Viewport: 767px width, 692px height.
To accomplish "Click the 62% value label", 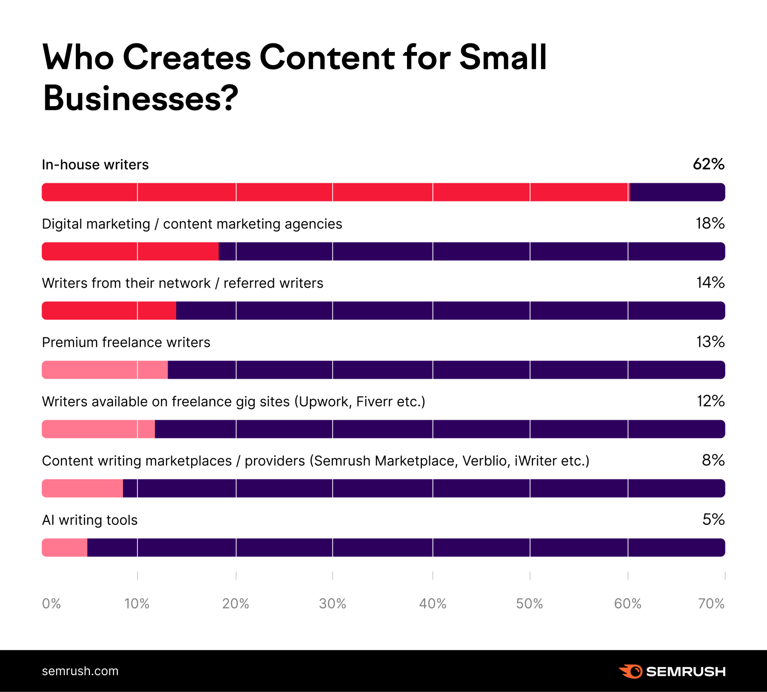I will click(709, 164).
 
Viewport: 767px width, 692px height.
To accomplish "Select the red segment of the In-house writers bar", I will click(335, 192).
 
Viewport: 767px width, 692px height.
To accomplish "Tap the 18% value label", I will click(710, 224).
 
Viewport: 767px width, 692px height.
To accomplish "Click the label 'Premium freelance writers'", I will click(126, 342).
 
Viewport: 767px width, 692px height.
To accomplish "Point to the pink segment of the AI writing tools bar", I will click(65, 548).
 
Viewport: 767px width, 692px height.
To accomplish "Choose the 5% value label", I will click(713, 520).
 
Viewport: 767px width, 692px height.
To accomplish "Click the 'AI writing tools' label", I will click(90, 520).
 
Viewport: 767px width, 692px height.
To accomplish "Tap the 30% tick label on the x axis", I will click(332, 604).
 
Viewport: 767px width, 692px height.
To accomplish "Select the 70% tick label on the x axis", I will click(711, 604).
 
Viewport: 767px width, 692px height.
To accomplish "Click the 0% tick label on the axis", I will click(51, 604).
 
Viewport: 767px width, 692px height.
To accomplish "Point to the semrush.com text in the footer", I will click(80, 671).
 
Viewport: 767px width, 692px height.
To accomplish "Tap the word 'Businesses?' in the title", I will click(140, 98).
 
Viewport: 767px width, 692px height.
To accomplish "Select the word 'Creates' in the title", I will click(186, 58).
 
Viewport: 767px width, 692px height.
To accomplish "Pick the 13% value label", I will click(710, 342).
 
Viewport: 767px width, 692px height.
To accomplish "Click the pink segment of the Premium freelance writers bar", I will click(104, 370).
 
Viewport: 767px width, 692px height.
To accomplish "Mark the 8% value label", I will click(713, 460).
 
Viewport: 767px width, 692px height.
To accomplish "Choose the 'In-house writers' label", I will click(95, 164).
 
